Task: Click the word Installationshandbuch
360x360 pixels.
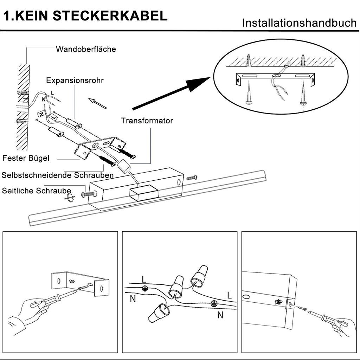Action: [x=299, y=23]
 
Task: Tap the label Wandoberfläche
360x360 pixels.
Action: [x=86, y=49]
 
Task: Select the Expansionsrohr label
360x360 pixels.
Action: [x=75, y=81]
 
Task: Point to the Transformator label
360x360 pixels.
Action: [x=147, y=121]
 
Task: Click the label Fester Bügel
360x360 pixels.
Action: [x=26, y=158]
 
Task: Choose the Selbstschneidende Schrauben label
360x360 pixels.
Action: [x=58, y=175]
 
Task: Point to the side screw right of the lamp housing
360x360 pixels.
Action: [x=192, y=178]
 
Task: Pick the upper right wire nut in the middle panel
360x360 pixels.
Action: [x=199, y=276]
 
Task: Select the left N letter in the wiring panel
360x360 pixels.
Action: [x=133, y=299]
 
